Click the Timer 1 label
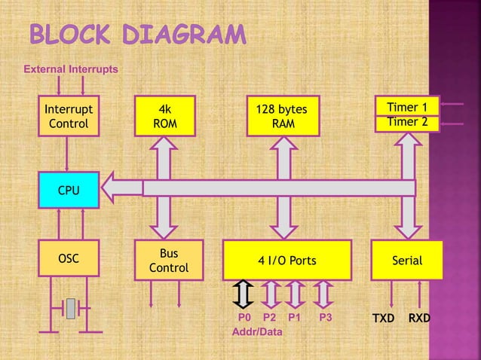click(407, 108)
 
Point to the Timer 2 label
click(407, 122)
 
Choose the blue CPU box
click(68, 188)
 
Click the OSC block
click(68, 259)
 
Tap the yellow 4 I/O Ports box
click(287, 261)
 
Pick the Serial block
click(407, 261)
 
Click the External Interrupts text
click(71, 69)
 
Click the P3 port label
click(325, 318)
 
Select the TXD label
click(383, 319)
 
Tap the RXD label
click(419, 319)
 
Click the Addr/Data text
click(258, 332)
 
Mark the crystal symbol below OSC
click(70, 308)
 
